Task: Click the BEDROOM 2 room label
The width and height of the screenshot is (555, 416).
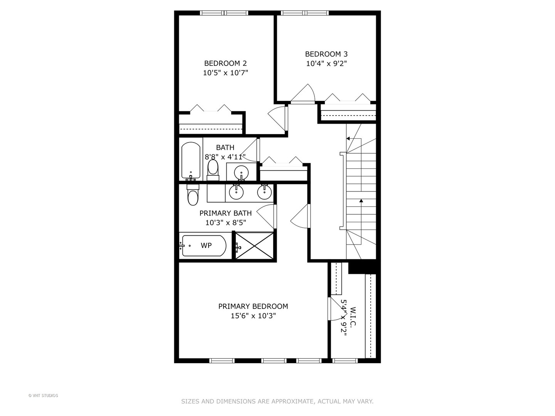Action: (225, 64)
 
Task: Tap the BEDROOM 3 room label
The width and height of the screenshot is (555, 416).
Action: (326, 54)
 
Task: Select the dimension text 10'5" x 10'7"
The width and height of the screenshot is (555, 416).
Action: (225, 73)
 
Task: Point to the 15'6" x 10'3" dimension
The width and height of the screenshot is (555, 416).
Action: (253, 316)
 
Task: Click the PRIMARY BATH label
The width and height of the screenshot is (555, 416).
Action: (225, 213)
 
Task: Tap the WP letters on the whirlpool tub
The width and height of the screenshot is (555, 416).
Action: (206, 245)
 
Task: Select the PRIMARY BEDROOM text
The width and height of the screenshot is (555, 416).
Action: (253, 306)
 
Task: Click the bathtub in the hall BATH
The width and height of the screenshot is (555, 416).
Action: (191, 160)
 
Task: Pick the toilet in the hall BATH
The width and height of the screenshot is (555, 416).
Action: (213, 169)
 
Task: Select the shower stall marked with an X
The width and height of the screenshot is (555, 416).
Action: (254, 246)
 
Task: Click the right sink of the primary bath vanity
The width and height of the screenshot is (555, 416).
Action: (264, 192)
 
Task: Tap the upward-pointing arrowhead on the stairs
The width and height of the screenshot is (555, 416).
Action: (361, 201)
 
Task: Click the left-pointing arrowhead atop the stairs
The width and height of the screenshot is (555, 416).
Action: (348, 139)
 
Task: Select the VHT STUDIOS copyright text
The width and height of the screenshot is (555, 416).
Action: (43, 396)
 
